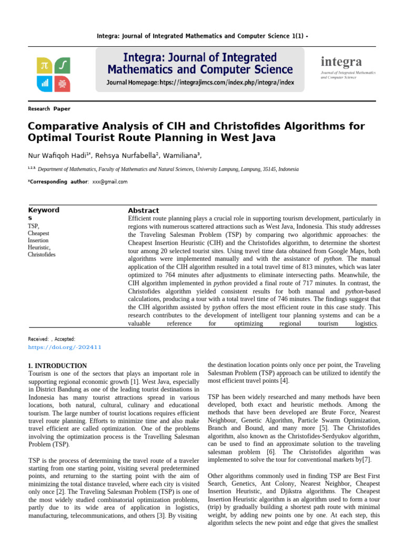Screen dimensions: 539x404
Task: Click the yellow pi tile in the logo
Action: point(44,65)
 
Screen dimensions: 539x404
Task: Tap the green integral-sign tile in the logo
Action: point(62,65)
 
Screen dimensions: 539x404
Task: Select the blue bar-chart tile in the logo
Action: point(44,83)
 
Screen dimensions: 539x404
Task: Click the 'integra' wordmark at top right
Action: point(341,62)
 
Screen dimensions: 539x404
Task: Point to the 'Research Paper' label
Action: point(48,109)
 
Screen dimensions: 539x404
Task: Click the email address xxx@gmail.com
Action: point(110,182)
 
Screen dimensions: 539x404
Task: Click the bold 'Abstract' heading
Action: point(143,211)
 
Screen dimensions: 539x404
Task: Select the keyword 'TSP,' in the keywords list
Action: point(34,226)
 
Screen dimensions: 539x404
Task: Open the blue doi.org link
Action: point(64,347)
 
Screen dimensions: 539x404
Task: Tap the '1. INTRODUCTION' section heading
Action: point(57,365)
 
